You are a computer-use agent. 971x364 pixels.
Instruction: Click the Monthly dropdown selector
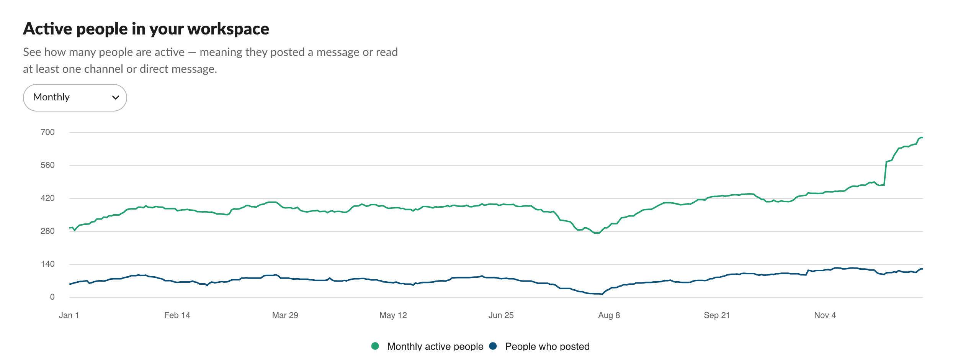pos(75,98)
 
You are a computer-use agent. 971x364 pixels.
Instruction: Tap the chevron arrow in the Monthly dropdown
pos(115,98)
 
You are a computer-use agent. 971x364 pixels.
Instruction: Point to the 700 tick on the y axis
pos(48,132)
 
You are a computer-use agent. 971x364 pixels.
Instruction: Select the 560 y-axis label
pos(48,165)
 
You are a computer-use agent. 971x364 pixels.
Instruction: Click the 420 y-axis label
pos(48,198)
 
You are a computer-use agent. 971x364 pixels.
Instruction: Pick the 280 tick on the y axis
pos(48,231)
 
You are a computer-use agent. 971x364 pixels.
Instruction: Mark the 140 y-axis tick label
pos(48,264)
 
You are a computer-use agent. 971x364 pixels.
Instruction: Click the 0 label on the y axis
pos(52,297)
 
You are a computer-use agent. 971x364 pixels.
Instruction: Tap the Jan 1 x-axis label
pos(69,315)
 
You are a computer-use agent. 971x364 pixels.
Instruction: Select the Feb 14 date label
pos(177,315)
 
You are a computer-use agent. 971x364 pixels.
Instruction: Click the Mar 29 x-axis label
pos(285,315)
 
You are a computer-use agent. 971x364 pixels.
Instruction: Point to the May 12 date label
pos(393,315)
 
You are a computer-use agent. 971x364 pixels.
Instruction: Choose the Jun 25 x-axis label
pos(501,315)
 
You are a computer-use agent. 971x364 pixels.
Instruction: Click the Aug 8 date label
pos(609,315)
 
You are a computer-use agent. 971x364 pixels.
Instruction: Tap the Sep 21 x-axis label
pos(717,315)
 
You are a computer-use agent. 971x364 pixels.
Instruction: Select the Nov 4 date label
pos(825,315)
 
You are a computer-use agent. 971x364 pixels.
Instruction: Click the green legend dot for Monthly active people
pos(375,346)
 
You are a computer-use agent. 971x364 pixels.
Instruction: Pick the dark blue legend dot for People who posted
pos(493,346)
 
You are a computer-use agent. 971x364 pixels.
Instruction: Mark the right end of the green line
pos(922,138)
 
